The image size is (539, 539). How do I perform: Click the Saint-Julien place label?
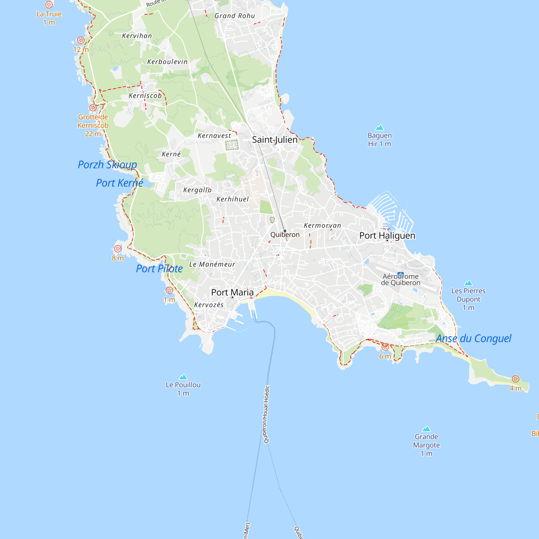coord(275,140)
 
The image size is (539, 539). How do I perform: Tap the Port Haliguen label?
coord(387,236)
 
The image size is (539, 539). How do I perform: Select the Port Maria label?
coord(232,292)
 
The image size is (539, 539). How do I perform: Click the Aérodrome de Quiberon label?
coord(401,279)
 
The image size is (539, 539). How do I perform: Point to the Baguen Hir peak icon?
coord(379,128)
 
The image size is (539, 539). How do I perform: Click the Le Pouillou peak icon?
coord(183,377)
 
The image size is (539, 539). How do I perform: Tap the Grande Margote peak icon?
coord(426,429)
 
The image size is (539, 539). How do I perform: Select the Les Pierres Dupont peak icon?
coord(468,283)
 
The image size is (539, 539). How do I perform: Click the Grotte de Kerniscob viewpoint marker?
coord(93,108)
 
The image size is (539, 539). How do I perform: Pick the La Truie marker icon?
coord(49,5)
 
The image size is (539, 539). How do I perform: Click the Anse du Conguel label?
coord(474,338)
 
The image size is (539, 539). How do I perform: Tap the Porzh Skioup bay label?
coord(107,165)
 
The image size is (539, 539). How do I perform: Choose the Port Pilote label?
coord(159,269)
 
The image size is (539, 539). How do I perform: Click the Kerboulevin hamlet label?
coord(167,62)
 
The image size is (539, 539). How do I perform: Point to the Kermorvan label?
coord(322,225)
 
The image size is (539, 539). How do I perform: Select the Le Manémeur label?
coord(212,264)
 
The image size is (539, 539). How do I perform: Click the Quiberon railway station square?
coord(285,231)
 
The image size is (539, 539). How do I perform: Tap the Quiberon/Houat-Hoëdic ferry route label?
coord(267,414)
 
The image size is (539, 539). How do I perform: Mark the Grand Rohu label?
coord(235,16)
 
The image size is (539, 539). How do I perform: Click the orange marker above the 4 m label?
coord(515,379)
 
